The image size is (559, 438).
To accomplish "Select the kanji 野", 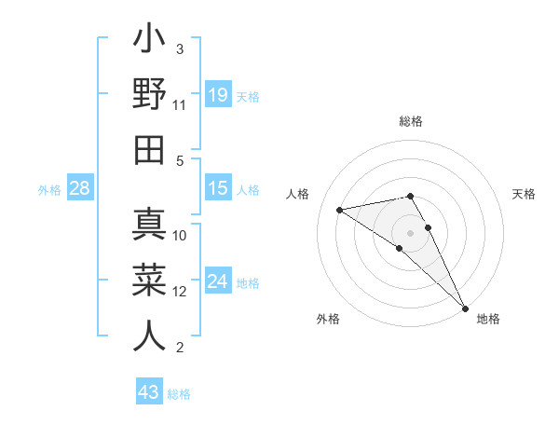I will [150, 96].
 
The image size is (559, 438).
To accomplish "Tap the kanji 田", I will [150, 149].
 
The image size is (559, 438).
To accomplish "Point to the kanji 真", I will [150, 226].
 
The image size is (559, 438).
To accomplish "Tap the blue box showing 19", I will [218, 94].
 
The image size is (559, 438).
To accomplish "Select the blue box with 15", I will [218, 189].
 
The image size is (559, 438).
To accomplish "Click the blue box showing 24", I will [218, 281].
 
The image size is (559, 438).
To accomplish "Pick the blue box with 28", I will [80, 189].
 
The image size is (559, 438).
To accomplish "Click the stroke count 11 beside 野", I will [180, 105].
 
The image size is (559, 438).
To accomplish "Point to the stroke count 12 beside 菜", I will [180, 292].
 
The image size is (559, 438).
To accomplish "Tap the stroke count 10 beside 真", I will [180, 235].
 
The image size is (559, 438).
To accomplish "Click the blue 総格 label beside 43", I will [179, 394].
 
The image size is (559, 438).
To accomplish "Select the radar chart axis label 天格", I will [524, 194].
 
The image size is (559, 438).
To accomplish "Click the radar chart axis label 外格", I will [328, 319].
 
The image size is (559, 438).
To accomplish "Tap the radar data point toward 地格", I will [465, 308].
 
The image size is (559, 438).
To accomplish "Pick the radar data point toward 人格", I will [340, 210].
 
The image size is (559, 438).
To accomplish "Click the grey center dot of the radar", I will [410, 232].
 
